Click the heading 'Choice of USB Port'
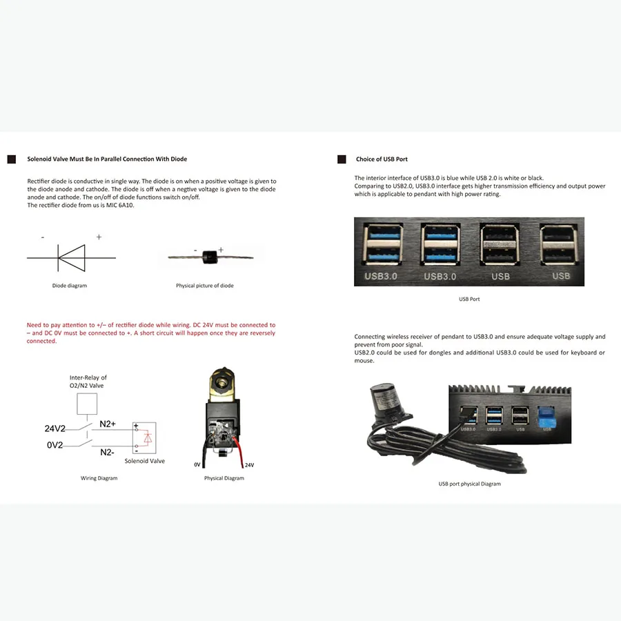(x=382, y=159)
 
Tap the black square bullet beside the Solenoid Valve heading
(x=11, y=159)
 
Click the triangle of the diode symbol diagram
(x=72, y=257)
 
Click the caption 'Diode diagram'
(x=70, y=286)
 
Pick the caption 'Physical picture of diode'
(x=204, y=286)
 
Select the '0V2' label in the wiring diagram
(x=55, y=445)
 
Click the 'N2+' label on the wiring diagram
(x=108, y=424)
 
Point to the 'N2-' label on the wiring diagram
(x=107, y=452)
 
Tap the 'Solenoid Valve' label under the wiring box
(x=144, y=461)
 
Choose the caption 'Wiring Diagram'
(x=99, y=478)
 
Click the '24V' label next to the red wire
(x=249, y=465)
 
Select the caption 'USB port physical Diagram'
(x=469, y=484)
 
